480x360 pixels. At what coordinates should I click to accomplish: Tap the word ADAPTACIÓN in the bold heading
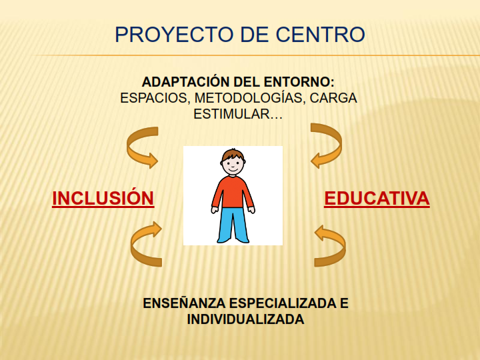click(185, 81)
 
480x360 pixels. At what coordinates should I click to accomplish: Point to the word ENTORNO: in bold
click(299, 82)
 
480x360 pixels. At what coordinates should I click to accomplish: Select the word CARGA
click(333, 98)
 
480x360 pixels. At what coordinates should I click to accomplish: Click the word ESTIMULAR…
click(238, 114)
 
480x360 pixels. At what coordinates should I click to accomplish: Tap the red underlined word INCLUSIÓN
click(103, 198)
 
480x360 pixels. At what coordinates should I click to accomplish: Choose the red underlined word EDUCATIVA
click(377, 199)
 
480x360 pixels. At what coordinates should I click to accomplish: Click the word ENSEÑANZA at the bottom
click(184, 303)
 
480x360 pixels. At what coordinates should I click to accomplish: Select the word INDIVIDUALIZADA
click(245, 319)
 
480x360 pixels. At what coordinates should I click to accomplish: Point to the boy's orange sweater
click(233, 192)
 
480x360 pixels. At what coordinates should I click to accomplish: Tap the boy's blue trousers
click(233, 225)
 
